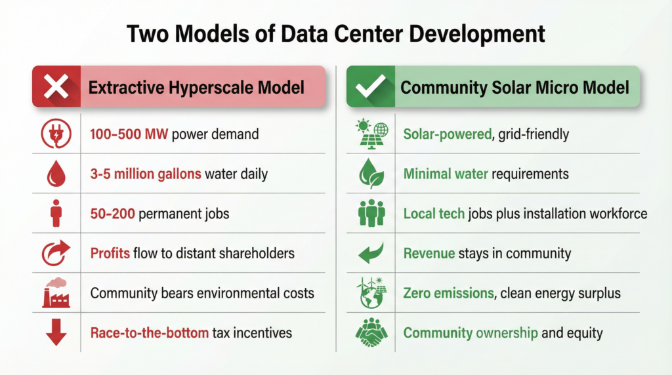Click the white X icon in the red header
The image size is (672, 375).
[x=56, y=87]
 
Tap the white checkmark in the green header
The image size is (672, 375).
[x=371, y=86]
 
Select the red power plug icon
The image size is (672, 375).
[x=56, y=134]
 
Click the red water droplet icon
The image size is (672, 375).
[x=56, y=173]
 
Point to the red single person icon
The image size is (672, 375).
[x=56, y=213]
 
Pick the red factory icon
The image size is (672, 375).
[x=56, y=293]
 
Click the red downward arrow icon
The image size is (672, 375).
[x=56, y=332]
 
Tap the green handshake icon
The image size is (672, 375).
[x=371, y=332]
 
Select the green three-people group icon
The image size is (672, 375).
[x=371, y=213]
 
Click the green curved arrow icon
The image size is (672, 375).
[x=371, y=253]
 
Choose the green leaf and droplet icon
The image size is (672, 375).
[x=371, y=173]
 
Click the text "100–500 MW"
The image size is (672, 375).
[x=129, y=134]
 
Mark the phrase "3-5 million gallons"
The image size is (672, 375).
[x=146, y=174]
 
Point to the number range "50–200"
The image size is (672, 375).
[x=113, y=214]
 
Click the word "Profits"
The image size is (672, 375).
[x=110, y=254]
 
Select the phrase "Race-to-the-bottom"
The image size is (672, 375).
[x=150, y=332]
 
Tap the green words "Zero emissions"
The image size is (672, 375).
[x=449, y=293]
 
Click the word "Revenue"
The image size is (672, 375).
[x=429, y=254]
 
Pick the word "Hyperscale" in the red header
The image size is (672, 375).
[x=211, y=88]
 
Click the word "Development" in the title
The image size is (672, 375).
[x=477, y=34]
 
